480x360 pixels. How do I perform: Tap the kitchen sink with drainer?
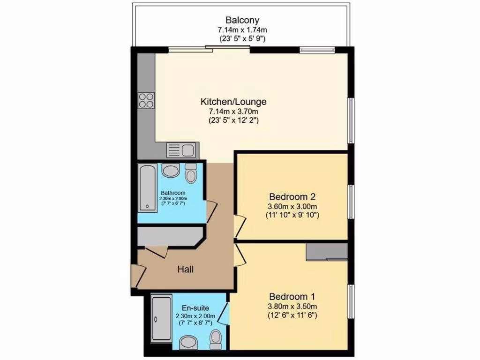tap(182, 150)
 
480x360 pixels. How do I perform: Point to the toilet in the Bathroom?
tap(191, 173)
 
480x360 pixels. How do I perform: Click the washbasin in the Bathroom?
tap(171, 171)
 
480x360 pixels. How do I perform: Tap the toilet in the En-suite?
tap(216, 337)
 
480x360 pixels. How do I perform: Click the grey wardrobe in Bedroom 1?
tap(326, 251)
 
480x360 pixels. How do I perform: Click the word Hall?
tap(186, 270)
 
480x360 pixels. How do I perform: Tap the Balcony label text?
tap(242, 20)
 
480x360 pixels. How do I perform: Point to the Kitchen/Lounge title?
tap(233, 101)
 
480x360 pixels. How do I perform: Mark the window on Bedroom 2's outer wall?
tap(350, 201)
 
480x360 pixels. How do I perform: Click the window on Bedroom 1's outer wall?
tap(350, 300)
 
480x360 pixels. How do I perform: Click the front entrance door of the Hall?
tap(135, 276)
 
